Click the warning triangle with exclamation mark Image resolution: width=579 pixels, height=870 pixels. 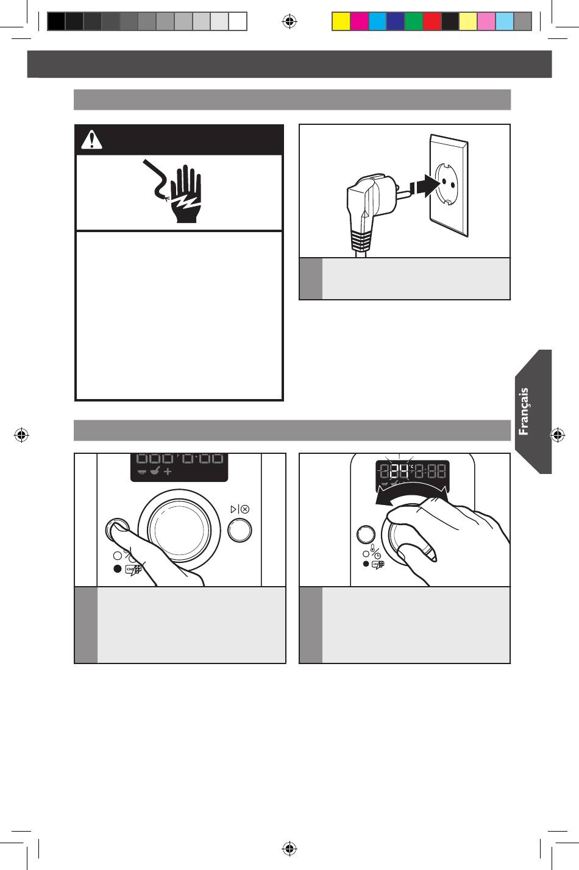click(91, 140)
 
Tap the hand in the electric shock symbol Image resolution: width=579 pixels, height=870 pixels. click(186, 194)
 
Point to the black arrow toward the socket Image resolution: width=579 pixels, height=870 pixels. click(427, 186)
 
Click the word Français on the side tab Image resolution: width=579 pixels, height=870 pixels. click(524, 411)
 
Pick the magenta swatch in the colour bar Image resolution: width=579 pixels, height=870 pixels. click(360, 21)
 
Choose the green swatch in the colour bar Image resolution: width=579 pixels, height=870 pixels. click(414, 21)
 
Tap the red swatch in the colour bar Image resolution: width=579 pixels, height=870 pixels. click(432, 21)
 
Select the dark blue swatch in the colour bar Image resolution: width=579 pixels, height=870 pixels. click(396, 21)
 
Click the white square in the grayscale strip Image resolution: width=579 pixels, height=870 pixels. click(238, 21)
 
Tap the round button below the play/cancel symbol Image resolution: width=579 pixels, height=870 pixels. click(240, 530)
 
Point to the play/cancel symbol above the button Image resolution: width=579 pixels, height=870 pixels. click(240, 509)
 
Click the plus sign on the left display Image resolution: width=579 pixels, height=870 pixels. click(168, 472)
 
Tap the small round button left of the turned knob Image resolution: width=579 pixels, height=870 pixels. click(366, 535)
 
